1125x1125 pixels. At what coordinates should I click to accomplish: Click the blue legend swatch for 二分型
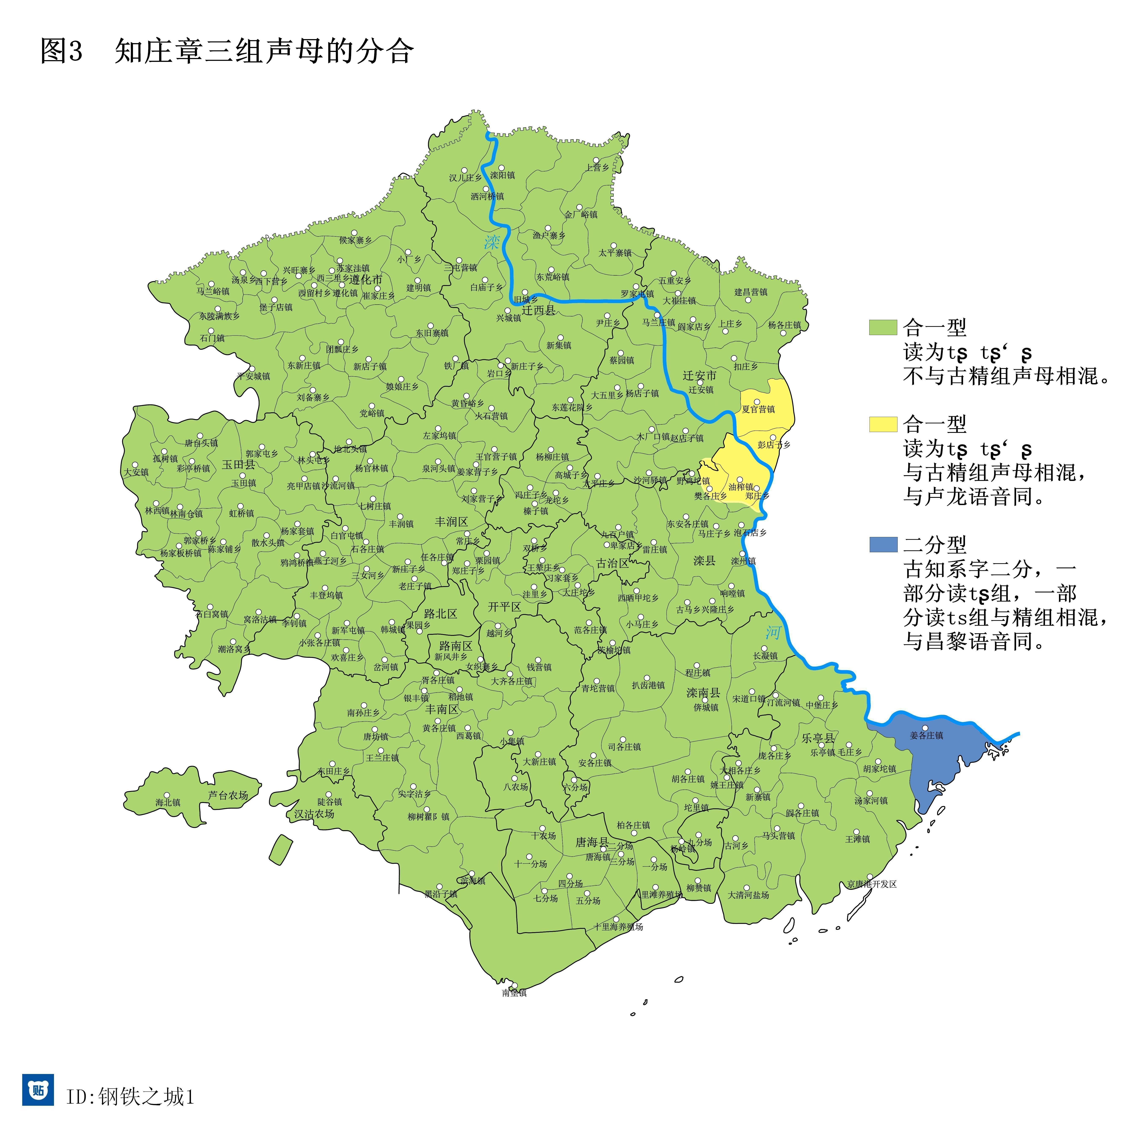point(883,544)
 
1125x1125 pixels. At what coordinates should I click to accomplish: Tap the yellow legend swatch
point(883,424)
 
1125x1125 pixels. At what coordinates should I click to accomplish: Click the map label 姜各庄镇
point(926,736)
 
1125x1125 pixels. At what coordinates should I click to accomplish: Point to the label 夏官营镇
point(758,409)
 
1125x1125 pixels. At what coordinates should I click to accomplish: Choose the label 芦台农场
point(228,795)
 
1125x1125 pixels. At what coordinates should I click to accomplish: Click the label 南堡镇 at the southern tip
point(514,993)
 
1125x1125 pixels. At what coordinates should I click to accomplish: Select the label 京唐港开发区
point(872,884)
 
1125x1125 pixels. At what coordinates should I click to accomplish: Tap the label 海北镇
point(168,802)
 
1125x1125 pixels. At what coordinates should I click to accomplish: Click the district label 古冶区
point(613,563)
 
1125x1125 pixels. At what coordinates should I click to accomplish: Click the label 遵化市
point(366,279)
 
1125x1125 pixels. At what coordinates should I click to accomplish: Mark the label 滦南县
point(703,693)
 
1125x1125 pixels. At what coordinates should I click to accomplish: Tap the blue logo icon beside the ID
point(39,1089)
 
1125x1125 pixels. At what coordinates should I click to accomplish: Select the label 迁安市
point(699,375)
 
